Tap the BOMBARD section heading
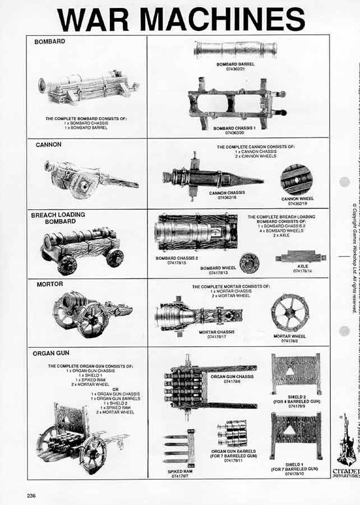coord(50,42)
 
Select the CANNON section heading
coord(48,145)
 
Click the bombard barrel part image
coord(236,50)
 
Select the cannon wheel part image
coord(297,180)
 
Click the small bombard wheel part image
coord(249,263)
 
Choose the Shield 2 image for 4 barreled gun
coord(296,374)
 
